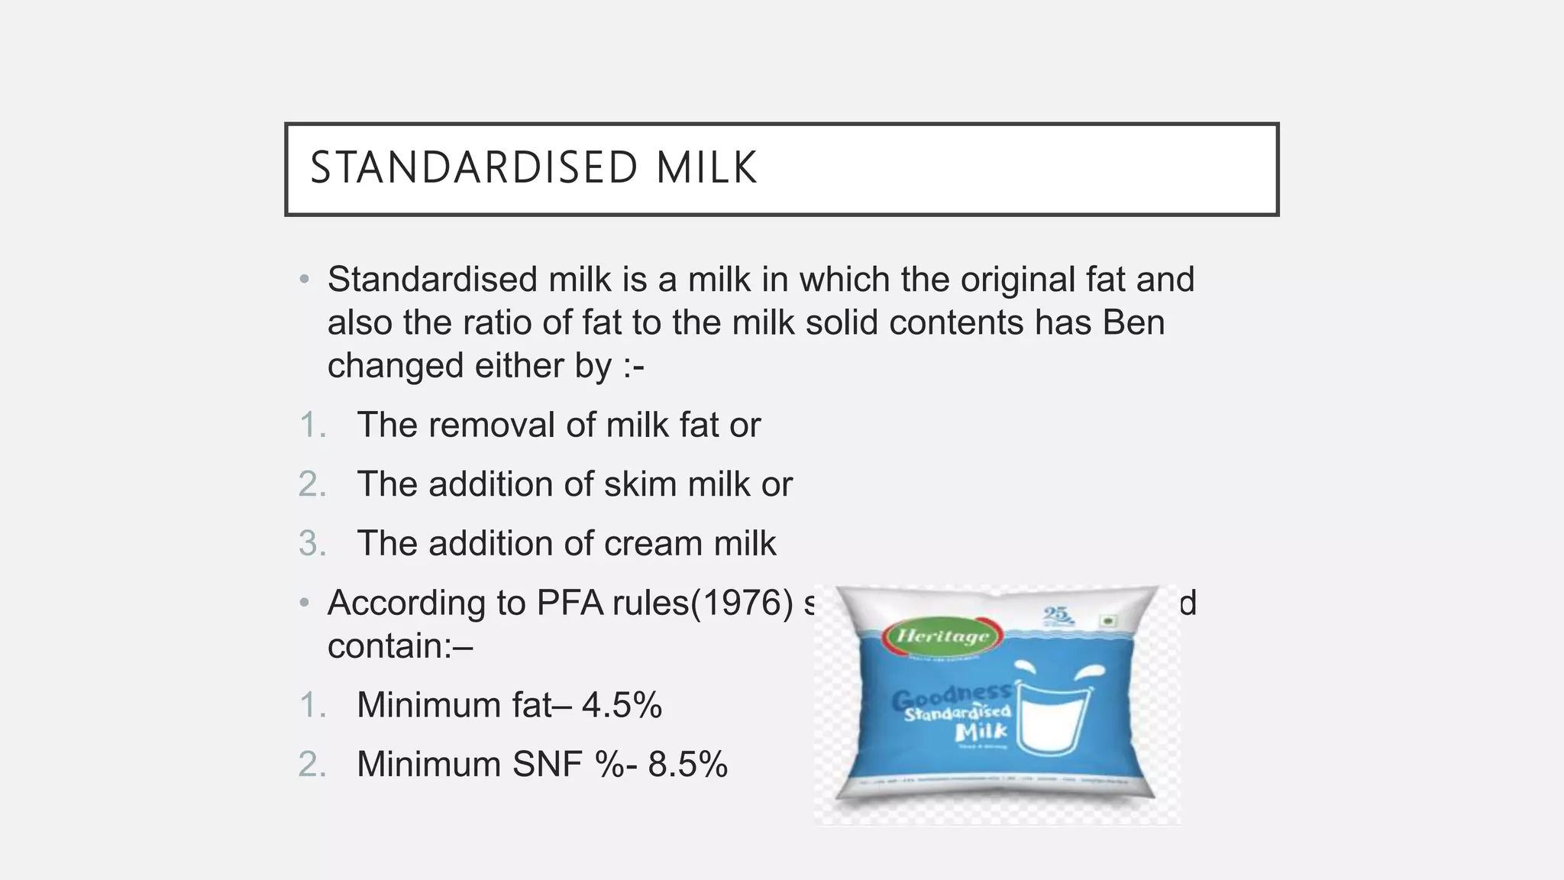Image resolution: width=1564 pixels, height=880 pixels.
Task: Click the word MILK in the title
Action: (x=706, y=168)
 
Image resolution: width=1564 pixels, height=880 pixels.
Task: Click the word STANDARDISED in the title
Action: (x=474, y=168)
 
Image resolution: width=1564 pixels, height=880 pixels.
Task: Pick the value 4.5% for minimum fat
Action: (x=622, y=705)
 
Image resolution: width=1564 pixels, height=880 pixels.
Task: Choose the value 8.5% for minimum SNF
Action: (x=687, y=765)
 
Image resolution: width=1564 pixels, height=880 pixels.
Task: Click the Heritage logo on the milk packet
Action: (x=942, y=636)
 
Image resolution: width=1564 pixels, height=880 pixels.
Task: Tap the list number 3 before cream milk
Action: (x=311, y=544)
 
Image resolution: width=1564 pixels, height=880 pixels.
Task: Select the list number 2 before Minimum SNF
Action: (x=311, y=765)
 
